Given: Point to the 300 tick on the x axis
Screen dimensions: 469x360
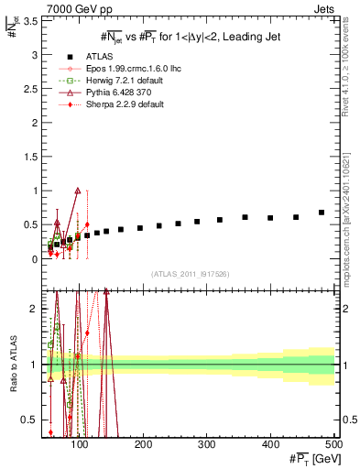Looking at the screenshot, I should point(207,443).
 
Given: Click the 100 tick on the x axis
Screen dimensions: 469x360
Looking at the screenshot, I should point(81,443).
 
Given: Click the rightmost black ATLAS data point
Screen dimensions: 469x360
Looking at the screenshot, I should point(322,213).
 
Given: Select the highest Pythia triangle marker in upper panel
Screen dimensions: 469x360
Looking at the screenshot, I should point(78,191).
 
